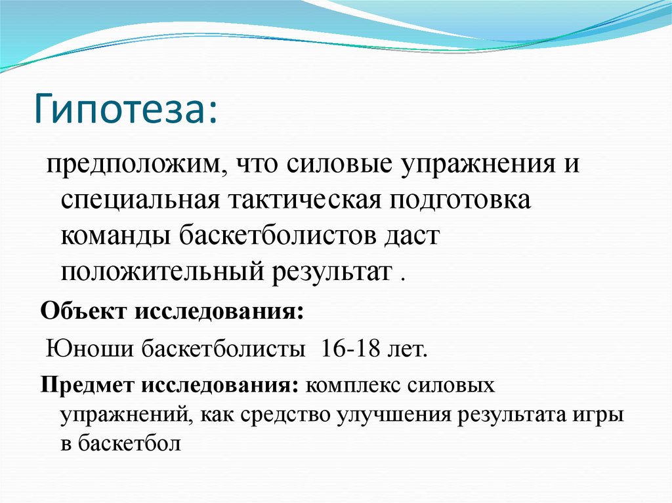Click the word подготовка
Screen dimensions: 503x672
coord(460,199)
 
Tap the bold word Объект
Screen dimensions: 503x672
coord(83,310)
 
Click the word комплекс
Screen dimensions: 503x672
coord(352,384)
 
